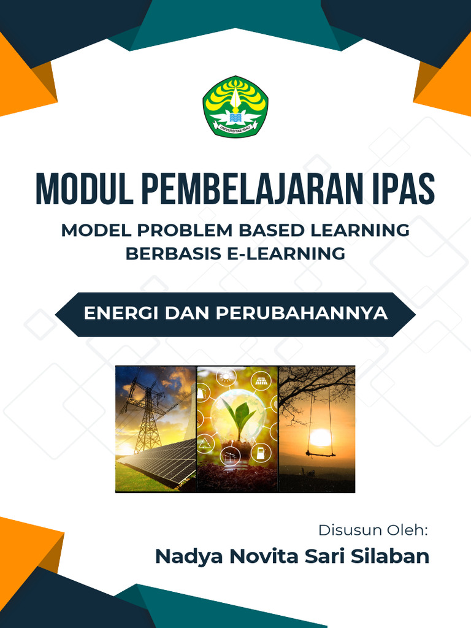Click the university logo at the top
(235, 107)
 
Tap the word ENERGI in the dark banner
(120, 313)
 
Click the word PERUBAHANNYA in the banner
(301, 313)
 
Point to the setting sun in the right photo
(320, 437)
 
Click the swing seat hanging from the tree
(320, 454)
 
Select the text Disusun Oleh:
(372, 530)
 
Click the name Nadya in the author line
(188, 557)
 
